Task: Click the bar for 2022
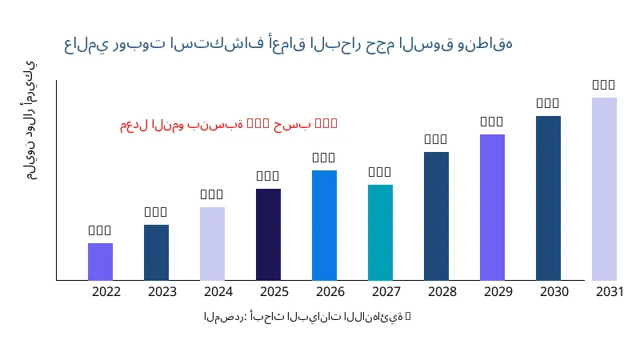[100, 262]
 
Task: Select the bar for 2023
[156, 252]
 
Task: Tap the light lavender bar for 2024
[212, 243]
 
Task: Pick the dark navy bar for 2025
[268, 234]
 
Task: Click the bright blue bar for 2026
[324, 225]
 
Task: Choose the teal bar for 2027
[380, 232]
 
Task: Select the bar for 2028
[436, 216]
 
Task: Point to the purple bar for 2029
[492, 207]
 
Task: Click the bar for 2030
[548, 198]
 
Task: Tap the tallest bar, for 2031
[604, 189]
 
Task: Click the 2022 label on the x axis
[106, 292]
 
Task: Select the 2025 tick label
[274, 292]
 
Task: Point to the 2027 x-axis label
[386, 292]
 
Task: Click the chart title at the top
[288, 43]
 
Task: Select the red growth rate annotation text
[229, 124]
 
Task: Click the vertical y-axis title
[30, 120]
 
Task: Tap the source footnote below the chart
[307, 317]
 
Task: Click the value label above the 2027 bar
[380, 172]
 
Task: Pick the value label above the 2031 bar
[604, 85]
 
